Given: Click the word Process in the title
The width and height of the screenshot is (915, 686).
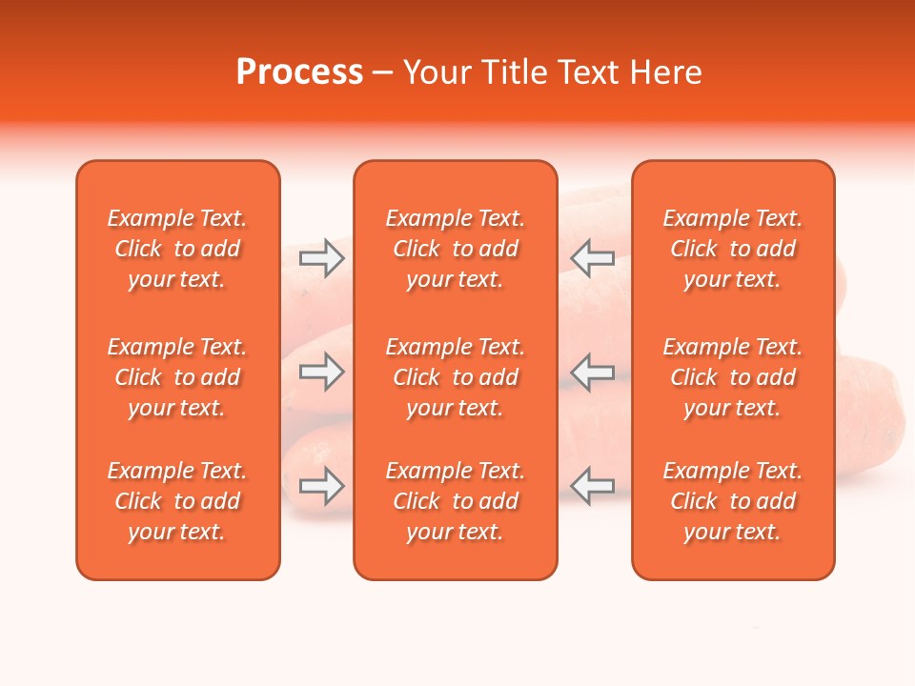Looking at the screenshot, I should coord(299,72).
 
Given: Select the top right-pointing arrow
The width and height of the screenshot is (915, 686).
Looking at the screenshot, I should coord(322,258).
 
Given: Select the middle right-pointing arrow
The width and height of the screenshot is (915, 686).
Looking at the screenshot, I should coord(322,372).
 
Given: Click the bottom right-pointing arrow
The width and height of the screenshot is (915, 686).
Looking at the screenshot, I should coord(322,486).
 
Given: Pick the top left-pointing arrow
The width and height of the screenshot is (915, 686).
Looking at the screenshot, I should coord(593,258).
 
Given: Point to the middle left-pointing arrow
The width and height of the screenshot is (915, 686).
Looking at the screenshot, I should coord(593,372).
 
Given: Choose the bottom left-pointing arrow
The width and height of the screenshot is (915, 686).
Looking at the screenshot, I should coord(593,486).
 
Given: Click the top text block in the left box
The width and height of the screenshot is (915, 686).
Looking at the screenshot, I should coord(177,249).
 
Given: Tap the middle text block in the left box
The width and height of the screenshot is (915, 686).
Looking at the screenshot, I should coord(177,377).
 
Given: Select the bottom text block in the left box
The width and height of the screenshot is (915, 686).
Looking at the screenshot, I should coord(177,501).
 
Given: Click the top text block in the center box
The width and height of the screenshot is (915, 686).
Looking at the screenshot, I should coord(456,249).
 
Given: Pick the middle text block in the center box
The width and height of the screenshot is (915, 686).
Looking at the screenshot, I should coord(456,377).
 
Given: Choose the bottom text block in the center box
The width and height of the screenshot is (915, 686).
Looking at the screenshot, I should coord(456,501).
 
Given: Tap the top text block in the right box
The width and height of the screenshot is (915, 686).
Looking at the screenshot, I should coord(733,249).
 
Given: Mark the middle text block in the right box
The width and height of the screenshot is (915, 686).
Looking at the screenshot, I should coord(733,377).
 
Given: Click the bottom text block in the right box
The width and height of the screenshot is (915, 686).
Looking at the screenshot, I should coord(733,501).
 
